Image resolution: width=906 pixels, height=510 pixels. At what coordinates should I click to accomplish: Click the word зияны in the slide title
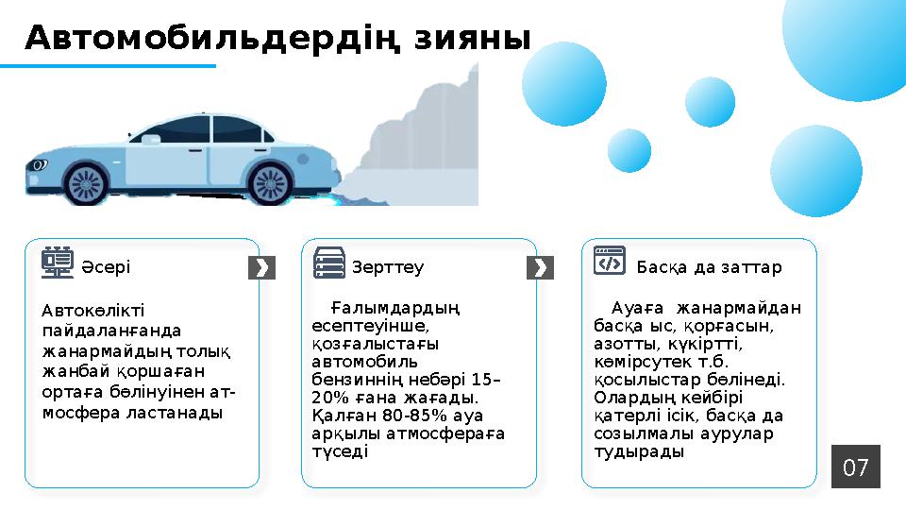[473, 39]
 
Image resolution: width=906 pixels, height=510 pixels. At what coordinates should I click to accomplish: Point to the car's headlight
[39, 164]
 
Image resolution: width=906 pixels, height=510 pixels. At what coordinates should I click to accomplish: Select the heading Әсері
[106, 267]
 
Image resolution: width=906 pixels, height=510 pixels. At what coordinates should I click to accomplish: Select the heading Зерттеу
[388, 267]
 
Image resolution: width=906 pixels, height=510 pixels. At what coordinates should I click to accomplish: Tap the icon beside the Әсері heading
[59, 263]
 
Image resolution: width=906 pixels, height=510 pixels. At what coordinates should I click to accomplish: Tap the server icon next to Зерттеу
[329, 263]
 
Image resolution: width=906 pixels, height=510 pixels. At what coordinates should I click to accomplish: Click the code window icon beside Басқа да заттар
[610, 261]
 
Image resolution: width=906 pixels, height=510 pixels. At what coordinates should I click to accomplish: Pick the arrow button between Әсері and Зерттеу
[261, 268]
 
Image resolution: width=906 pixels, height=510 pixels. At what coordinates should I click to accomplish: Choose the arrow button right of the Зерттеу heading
[540, 268]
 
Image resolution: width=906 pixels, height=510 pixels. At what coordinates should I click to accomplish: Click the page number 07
[855, 467]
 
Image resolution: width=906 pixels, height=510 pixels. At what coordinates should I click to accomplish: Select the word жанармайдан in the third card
[750, 308]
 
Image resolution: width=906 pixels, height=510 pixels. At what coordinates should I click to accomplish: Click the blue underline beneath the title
[108, 66]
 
